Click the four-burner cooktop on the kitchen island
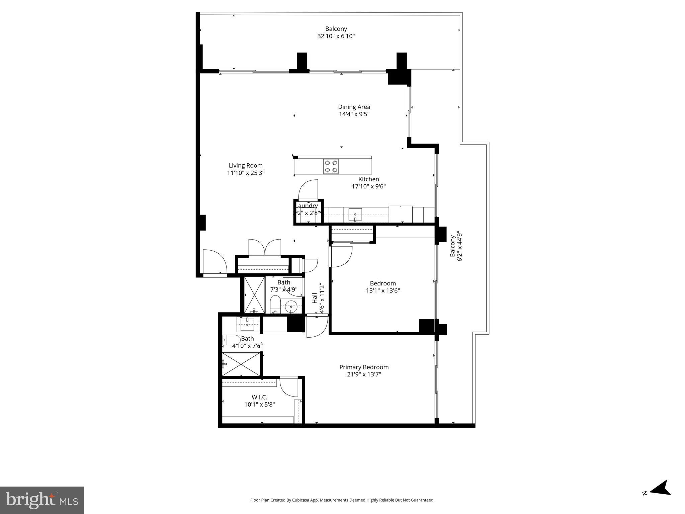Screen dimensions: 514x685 click(x=331, y=166)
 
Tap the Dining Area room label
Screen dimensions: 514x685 click(x=354, y=107)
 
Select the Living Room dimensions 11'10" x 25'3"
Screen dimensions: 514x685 click(x=246, y=173)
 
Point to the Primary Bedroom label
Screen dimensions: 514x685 click(x=364, y=367)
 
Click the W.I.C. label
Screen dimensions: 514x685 click(x=259, y=397)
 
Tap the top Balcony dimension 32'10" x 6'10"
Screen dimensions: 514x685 click(x=336, y=36)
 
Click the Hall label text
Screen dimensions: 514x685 click(x=315, y=298)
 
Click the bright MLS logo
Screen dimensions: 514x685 click(x=42, y=500)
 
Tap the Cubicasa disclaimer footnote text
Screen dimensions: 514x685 click(x=342, y=500)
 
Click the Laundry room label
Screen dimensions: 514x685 click(x=307, y=206)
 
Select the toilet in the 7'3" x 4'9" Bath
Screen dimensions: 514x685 click(x=275, y=304)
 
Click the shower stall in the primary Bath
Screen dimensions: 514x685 click(x=241, y=364)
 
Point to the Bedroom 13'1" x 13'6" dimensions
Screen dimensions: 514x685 click(x=382, y=290)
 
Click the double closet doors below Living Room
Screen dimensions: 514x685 click(x=264, y=248)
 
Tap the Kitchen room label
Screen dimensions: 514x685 click(x=368, y=179)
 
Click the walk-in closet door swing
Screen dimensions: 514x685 click(x=288, y=387)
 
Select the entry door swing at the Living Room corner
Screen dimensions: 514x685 click(x=215, y=262)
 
